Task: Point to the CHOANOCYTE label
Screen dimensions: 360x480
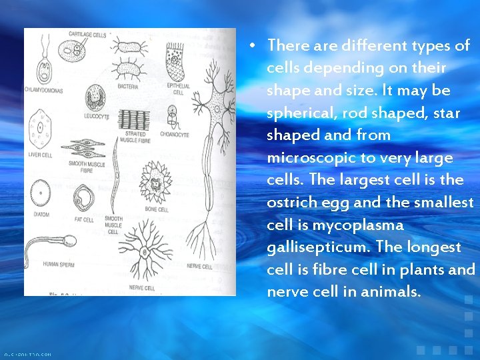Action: [x=174, y=135]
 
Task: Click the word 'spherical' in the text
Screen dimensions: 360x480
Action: [x=296, y=113]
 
